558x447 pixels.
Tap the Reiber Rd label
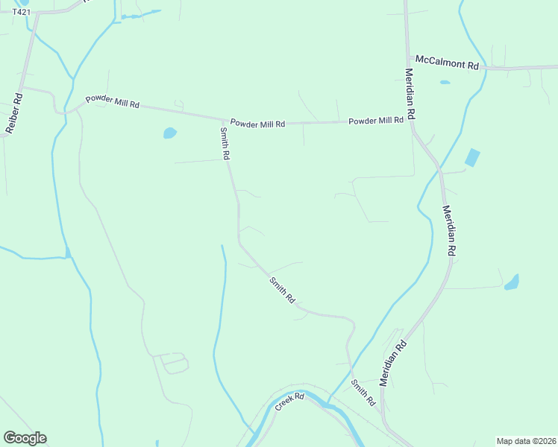pyautogui.click(x=14, y=112)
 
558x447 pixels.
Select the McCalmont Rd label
pyautogui.click(x=447, y=63)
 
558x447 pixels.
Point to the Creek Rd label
pyautogui.click(x=290, y=402)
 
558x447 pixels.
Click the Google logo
pyautogui.click(x=25, y=438)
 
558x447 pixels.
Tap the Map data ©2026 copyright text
pyautogui.click(x=526, y=441)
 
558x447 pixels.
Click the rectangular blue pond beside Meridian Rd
pyautogui.click(x=472, y=158)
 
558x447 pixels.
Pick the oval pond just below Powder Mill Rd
pyautogui.click(x=170, y=133)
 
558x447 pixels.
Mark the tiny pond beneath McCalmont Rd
pyautogui.click(x=445, y=82)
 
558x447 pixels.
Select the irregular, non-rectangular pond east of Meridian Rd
pyautogui.click(x=512, y=282)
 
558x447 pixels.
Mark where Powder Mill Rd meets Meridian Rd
pyautogui.click(x=411, y=121)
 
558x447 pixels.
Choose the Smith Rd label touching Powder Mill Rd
pyautogui.click(x=225, y=143)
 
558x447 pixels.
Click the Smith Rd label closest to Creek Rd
pyautogui.click(x=363, y=393)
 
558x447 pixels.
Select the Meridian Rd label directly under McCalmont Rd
pyautogui.click(x=410, y=95)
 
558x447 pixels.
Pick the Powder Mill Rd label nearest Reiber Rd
pyautogui.click(x=112, y=102)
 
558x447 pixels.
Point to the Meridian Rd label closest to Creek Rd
pyautogui.click(x=393, y=363)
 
